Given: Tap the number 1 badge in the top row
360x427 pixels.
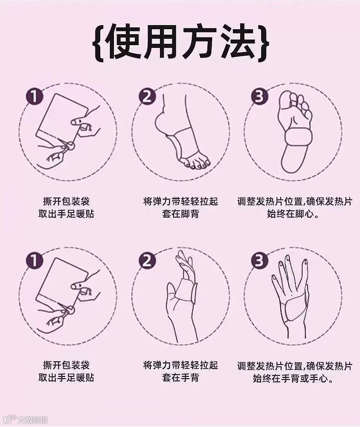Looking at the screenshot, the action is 35,96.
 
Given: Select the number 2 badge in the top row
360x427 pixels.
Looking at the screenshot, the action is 147,96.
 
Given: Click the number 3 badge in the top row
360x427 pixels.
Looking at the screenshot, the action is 260,96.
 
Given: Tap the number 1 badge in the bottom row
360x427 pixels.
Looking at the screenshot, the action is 35,260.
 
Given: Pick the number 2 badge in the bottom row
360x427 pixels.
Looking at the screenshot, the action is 147,260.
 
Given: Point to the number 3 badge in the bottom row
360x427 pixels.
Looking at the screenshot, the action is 260,260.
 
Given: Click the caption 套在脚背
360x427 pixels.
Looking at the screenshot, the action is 180,214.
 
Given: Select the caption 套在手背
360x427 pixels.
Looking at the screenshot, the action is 180,377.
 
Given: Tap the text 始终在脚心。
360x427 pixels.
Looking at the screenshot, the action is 293,214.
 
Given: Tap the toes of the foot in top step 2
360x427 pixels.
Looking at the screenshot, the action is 195,162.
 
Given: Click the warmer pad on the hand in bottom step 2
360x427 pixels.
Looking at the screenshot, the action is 185,290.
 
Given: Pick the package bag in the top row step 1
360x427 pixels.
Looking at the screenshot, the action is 61,118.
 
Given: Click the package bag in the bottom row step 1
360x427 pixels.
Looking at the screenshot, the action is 61,282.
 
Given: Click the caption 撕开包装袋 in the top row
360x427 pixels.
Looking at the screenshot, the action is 66,202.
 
